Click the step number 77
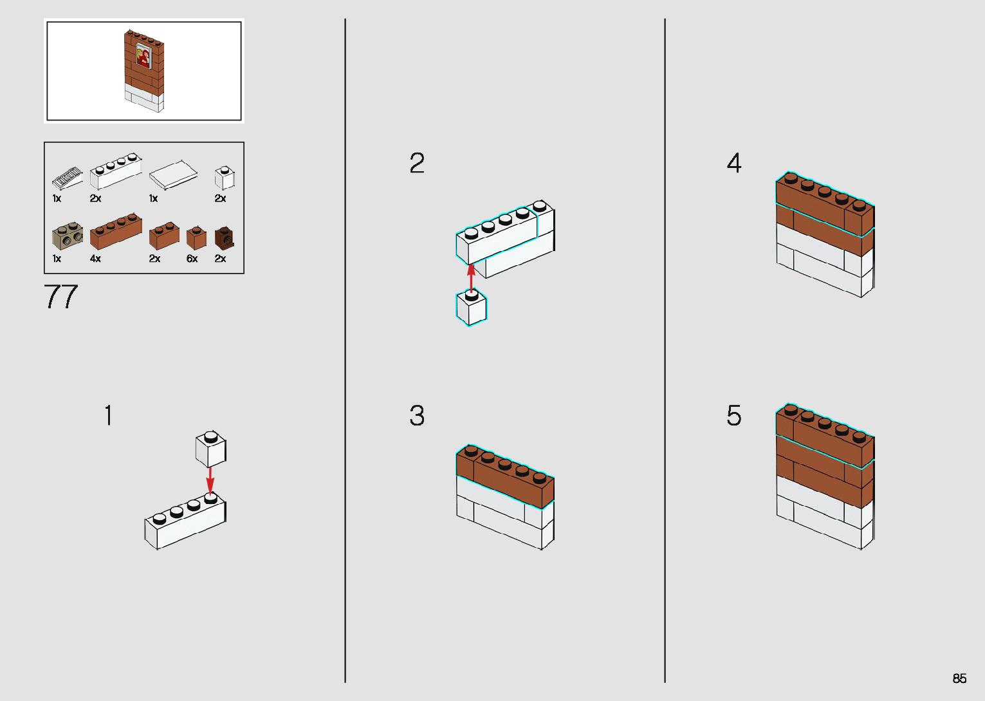(61, 297)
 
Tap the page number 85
(959, 678)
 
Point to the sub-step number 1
(109, 415)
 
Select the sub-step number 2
(417, 163)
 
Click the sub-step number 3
(417, 416)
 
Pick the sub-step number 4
(734, 163)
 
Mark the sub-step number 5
(734, 416)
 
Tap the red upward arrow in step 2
(472, 277)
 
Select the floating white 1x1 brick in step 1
(210, 449)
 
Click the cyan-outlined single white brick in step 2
(472, 309)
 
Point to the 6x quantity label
(192, 259)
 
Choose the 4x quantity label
(95, 259)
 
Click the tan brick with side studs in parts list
(68, 236)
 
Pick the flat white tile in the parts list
(173, 174)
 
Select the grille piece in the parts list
(67, 176)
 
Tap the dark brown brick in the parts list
(224, 238)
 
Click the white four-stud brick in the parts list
(116, 170)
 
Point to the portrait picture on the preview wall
(143, 57)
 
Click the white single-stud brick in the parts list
(224, 178)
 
